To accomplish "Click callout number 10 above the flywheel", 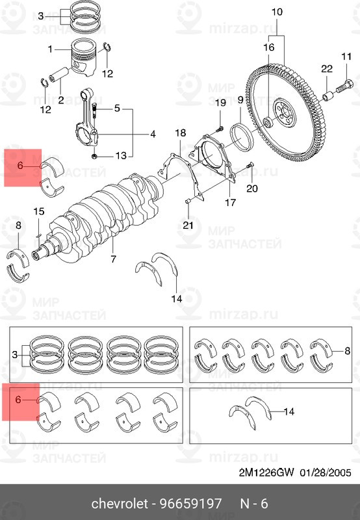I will click(277, 12).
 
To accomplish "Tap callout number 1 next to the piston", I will click(49, 49).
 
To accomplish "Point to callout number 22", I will click(327, 70).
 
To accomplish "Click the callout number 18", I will click(180, 133).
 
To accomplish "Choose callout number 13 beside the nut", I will click(121, 155).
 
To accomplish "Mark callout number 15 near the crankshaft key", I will click(39, 211).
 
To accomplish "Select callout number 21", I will click(188, 225).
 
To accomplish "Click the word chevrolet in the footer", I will click(121, 504).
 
